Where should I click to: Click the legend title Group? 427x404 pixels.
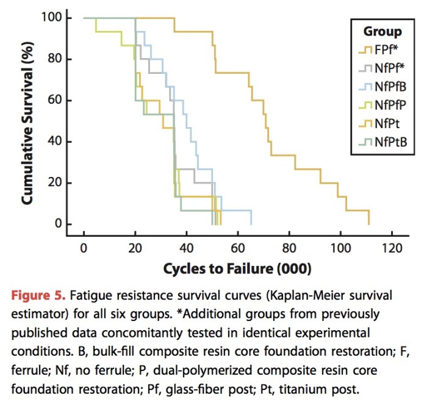point(382,32)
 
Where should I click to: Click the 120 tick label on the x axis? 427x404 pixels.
point(391,248)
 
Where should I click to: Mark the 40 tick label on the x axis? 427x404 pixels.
point(186,248)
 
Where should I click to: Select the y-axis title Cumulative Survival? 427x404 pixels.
point(27,121)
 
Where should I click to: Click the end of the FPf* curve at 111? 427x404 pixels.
point(369,224)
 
